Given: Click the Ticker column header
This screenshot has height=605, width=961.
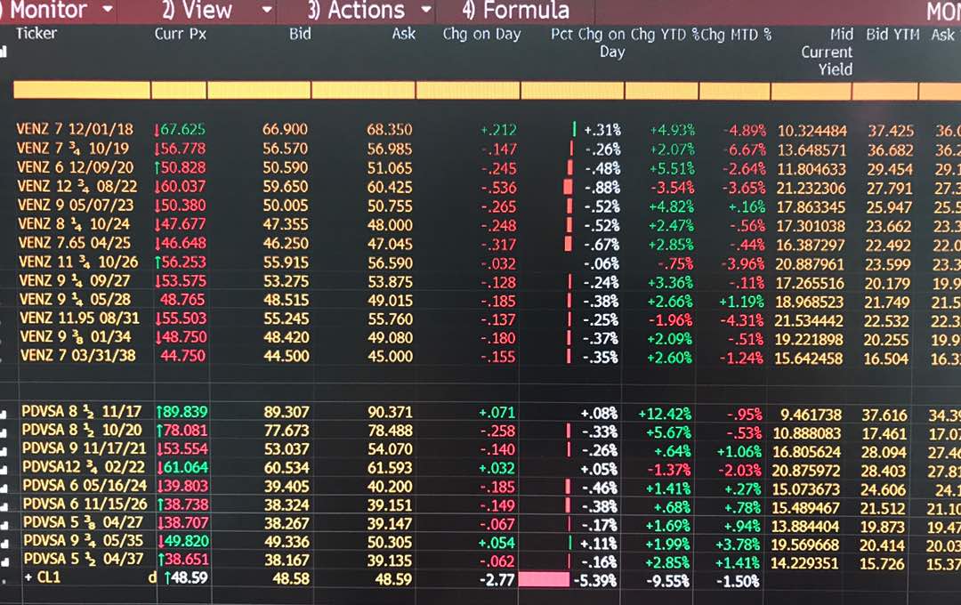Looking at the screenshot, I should (x=36, y=34).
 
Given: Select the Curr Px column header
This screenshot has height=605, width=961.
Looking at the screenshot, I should (x=181, y=34).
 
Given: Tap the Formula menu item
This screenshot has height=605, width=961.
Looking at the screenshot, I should (x=516, y=11).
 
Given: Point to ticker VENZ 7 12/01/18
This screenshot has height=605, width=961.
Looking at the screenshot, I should (x=75, y=130).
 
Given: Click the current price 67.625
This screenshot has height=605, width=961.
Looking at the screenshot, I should (x=182, y=130).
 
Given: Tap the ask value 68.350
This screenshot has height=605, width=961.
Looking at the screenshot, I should (x=390, y=130).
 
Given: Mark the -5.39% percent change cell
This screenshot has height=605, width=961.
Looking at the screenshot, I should (x=599, y=580).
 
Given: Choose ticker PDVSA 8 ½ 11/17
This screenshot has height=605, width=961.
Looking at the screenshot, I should (x=79, y=413).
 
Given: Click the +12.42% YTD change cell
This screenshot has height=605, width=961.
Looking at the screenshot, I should (x=664, y=413).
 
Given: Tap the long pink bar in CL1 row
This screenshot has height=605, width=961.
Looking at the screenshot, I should (x=543, y=580).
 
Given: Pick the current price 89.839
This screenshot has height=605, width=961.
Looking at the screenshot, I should (x=184, y=413).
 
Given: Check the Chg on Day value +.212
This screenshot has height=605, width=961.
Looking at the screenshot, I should (x=497, y=130).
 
